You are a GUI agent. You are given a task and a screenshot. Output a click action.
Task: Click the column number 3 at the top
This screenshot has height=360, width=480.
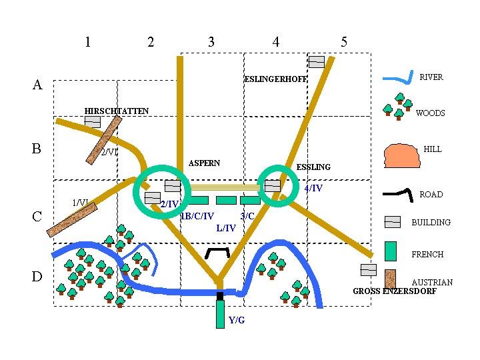pyautogui.click(x=211, y=42)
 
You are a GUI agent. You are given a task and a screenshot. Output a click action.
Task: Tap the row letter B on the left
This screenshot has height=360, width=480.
pyautogui.click(x=37, y=148)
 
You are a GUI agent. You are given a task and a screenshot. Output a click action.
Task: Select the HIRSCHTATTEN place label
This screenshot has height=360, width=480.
pyautogui.click(x=117, y=111)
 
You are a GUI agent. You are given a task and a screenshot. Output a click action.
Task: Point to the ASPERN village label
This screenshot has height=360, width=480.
pyautogui.click(x=204, y=163)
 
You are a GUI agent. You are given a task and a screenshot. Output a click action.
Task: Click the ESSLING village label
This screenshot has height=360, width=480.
pyautogui.click(x=313, y=167)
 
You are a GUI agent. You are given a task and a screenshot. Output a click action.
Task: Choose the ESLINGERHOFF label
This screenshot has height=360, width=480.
pyautogui.click(x=275, y=79)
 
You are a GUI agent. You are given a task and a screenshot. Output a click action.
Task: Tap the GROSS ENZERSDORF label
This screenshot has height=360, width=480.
pyautogui.click(x=394, y=291)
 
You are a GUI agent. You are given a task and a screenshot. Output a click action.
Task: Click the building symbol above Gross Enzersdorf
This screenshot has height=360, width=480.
pyautogui.click(x=368, y=270)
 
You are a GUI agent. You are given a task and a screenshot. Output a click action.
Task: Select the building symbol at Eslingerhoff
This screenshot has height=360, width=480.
pyautogui.click(x=316, y=62)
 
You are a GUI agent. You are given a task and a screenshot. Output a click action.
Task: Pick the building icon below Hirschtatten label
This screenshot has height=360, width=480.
pyautogui.click(x=92, y=122)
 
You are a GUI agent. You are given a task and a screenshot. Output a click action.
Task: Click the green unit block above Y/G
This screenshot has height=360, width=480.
pyautogui.click(x=220, y=314)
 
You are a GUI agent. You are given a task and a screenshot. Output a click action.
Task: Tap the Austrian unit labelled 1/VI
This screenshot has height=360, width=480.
pyautogui.click(x=73, y=219)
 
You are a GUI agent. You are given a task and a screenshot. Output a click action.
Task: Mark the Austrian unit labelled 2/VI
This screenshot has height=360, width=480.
pyautogui.click(x=103, y=139)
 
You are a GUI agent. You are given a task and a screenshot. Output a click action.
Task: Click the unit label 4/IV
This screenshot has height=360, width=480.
pyautogui.click(x=313, y=189)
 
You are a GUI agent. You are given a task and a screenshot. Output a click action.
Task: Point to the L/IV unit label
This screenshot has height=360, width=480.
pyautogui.click(x=226, y=229)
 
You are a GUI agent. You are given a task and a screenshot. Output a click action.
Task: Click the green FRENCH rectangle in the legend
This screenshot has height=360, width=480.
pyautogui.click(x=391, y=250)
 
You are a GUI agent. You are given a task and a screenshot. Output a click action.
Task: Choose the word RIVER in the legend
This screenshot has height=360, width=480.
pyautogui.click(x=431, y=77)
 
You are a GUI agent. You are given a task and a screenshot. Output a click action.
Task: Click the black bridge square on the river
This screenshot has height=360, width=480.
pyautogui.click(x=219, y=295)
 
